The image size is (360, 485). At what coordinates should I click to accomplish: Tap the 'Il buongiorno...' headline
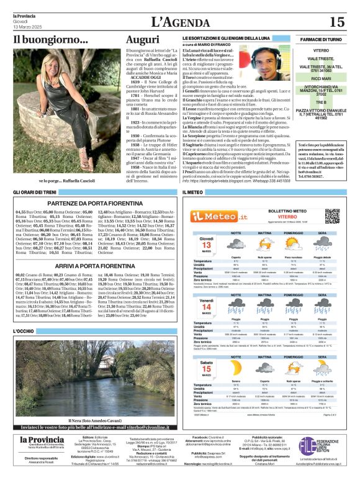(x=51, y=40)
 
